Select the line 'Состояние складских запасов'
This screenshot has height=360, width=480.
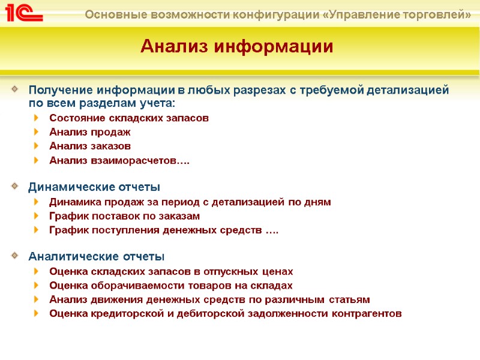click(129, 118)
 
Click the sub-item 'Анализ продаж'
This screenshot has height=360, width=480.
click(90, 131)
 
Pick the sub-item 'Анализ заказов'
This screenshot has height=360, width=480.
click(90, 146)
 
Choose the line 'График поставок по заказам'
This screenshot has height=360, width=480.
click(124, 216)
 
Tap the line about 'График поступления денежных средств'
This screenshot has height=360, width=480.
click(163, 230)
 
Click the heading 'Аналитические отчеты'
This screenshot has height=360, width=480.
click(96, 257)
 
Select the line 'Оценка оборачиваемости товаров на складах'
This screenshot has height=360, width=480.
click(171, 285)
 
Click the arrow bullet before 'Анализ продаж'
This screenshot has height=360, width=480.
click(37, 131)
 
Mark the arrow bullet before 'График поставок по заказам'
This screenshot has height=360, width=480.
click(37, 216)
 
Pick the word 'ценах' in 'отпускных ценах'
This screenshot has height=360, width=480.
click(278, 271)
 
